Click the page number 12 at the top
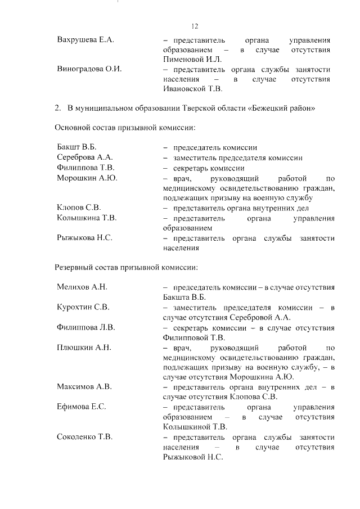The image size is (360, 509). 195,26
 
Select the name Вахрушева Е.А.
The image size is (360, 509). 85,40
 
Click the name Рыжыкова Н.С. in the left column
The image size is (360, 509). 84,238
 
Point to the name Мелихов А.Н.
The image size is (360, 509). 82,287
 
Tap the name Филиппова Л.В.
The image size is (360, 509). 85,327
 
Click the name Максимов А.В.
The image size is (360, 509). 84,386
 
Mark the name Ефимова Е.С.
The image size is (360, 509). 82,407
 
